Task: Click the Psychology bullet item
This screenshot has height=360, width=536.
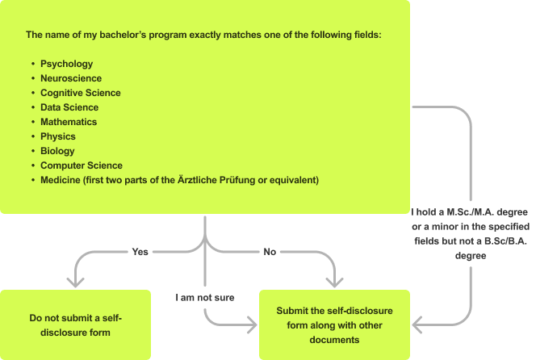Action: pos(66,64)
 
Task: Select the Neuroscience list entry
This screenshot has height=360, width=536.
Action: pos(71,78)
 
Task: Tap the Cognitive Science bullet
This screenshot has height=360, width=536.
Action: pos(81,93)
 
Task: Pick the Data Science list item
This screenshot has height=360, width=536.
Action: pos(69,107)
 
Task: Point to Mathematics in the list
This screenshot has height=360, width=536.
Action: pos(69,122)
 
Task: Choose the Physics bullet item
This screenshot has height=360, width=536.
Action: pos(57,136)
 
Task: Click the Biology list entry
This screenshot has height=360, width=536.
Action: pos(57,151)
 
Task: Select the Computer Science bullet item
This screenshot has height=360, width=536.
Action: pos(82,165)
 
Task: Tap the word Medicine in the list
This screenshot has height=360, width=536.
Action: pos(61,180)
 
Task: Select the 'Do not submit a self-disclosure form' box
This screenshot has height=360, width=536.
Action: pos(75,324)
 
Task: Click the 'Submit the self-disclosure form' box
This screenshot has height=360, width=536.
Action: pos(334,324)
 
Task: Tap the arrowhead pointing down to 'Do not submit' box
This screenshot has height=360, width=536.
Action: pos(76,283)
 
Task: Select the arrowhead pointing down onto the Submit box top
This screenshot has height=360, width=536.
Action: pos(334,283)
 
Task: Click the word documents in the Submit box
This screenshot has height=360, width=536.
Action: pos(334,340)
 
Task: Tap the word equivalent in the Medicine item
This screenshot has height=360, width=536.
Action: pos(295,180)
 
